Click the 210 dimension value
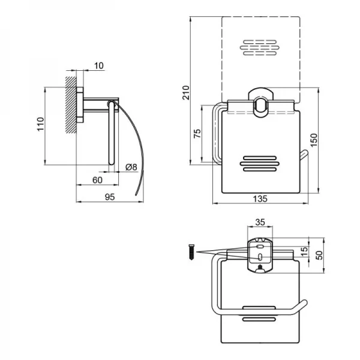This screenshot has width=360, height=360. [186, 92]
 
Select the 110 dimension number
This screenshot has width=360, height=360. [41, 124]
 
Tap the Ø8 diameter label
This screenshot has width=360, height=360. [131, 167]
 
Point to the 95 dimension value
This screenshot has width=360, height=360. [110, 197]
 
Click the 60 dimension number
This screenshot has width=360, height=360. [97, 180]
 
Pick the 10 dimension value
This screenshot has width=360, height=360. [99, 65]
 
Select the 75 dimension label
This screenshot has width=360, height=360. [197, 133]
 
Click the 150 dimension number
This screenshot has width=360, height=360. [314, 140]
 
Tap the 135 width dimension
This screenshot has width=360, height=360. [260, 199]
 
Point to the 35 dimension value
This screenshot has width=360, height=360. [260, 222]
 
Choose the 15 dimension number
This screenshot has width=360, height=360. [304, 252]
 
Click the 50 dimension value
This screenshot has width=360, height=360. [319, 255]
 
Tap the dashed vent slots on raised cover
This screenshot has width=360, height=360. [260, 48]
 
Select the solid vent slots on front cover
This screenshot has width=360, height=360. [260, 164]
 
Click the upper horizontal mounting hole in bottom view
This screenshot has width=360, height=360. [260, 247]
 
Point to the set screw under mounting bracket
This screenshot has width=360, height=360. [260, 267]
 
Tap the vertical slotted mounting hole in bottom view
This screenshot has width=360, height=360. [260, 257]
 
